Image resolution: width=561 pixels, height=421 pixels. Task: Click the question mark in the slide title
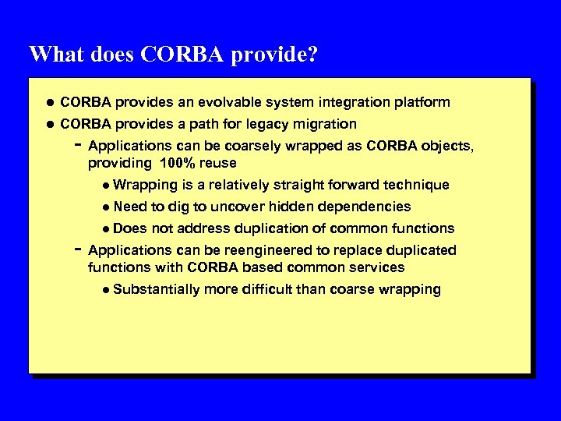pos(313,55)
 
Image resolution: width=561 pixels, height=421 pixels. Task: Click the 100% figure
pos(180,163)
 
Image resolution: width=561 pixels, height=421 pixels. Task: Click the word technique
pos(418,185)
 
